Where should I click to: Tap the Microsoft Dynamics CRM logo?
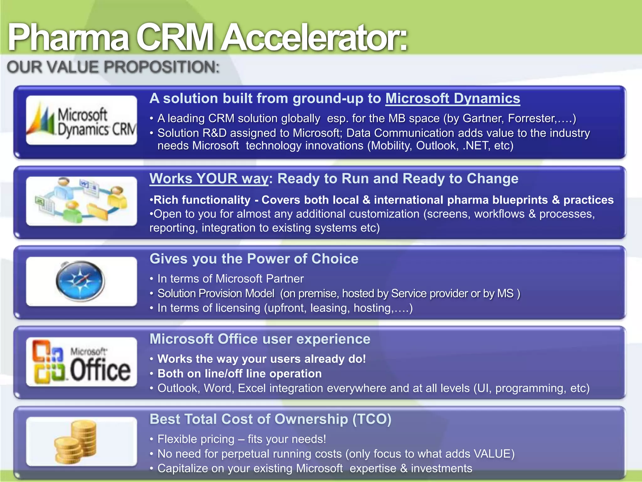point(82,120)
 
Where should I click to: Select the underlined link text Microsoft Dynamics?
point(453,98)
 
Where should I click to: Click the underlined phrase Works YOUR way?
point(209,179)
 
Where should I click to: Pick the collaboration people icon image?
point(82,201)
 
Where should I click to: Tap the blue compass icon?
point(81,281)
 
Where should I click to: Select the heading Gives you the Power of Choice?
point(254,259)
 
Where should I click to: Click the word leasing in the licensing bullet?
point(329,308)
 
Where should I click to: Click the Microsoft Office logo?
point(82,361)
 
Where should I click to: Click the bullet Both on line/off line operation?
point(239,374)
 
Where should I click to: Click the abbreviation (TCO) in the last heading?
point(372,419)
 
